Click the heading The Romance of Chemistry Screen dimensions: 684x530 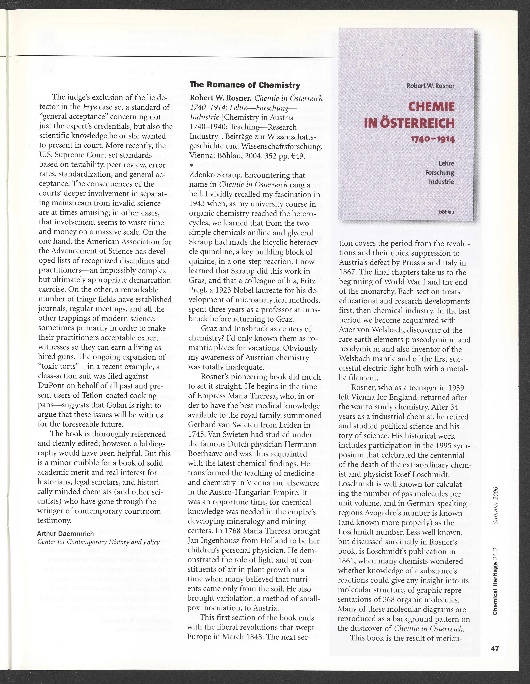point(245,85)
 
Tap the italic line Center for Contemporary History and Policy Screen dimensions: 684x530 point(98,542)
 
